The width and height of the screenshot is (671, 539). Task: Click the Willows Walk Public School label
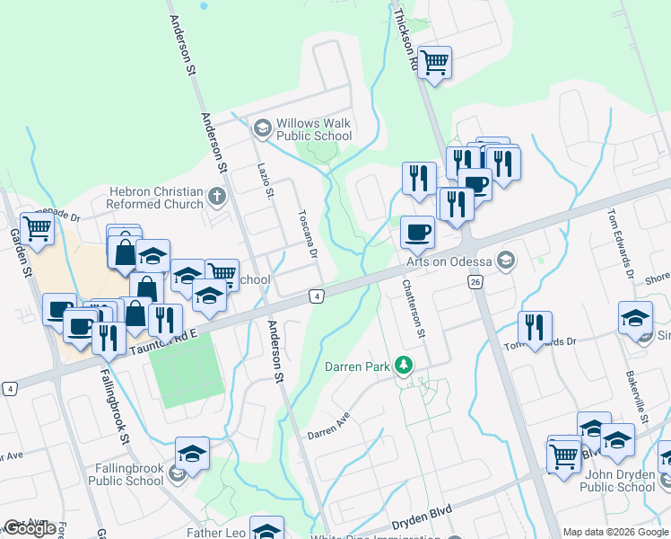pos(313,129)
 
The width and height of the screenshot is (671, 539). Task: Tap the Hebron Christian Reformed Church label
pos(156,198)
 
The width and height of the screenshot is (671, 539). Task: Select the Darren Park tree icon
pos(405,365)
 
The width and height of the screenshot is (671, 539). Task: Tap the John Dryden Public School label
pos(617,481)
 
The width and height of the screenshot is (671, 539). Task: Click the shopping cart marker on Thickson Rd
pos(435,63)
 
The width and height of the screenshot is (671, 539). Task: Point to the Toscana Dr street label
pos(308,234)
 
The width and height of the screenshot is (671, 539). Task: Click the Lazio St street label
pos(264,181)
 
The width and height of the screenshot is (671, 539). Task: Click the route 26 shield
pos(475,282)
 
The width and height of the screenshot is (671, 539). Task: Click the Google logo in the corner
pos(29,528)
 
